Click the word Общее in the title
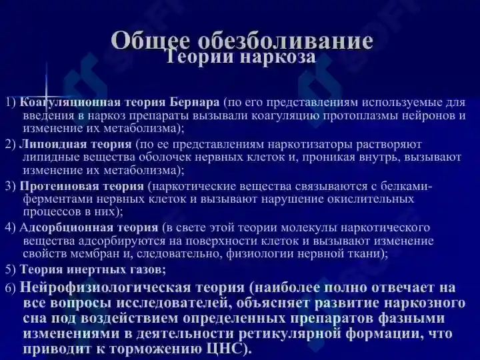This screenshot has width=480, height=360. tap(150, 41)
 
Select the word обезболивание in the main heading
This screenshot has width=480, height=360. tap(285, 40)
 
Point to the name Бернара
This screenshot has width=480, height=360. tap(195, 102)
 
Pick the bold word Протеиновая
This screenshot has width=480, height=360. tap(59, 186)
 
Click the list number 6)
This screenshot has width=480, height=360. tap(11, 289)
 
